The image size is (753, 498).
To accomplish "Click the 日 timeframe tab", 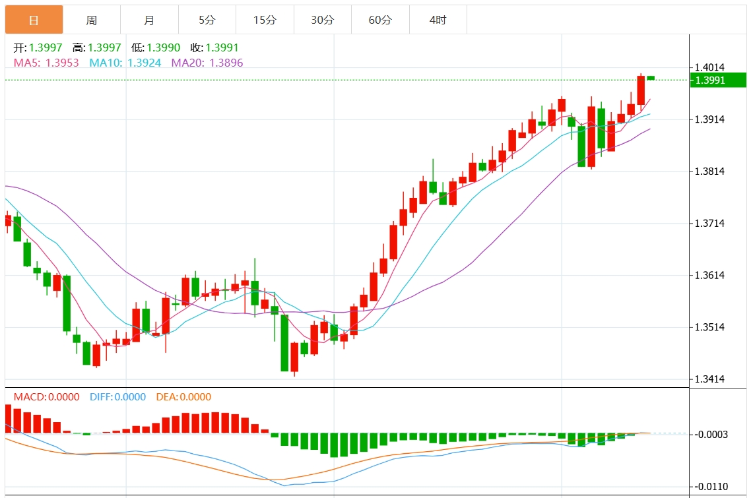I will coord(34,20).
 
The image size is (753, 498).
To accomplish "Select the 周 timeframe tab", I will coord(92,20).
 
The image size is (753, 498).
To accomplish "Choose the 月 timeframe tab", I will coord(149,20).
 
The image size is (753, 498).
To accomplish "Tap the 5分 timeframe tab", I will coord(207,20).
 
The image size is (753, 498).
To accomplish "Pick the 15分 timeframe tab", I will coord(265,20).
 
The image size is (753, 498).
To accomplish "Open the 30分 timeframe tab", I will coord(323,20).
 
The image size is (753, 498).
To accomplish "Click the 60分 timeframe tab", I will coord(380,20).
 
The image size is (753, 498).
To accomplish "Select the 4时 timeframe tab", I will coord(438,20).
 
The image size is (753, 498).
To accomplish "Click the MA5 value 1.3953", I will coord(62,63).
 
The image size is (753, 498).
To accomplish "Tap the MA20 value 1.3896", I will coord(226,63).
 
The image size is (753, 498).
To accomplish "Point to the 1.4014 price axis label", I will coord(709,67).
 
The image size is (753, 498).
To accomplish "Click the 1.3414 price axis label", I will coord(709,379).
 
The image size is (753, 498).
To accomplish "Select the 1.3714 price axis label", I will coord(709,224).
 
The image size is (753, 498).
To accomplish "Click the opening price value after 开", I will coord(46,48).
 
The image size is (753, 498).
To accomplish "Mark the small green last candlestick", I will coord(651,78).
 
